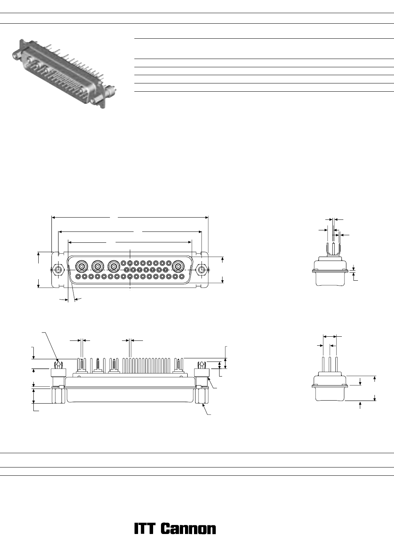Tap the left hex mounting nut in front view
(x=58, y=270)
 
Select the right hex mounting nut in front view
(x=202, y=270)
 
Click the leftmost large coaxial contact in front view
(x=81, y=266)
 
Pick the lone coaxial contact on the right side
(x=178, y=266)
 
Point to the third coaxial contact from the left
(x=114, y=266)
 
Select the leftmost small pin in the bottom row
(x=78, y=277)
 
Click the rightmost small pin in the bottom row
(x=182, y=277)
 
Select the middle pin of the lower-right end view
(x=330, y=365)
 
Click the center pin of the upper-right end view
(x=334, y=249)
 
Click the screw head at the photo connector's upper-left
(x=16, y=54)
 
